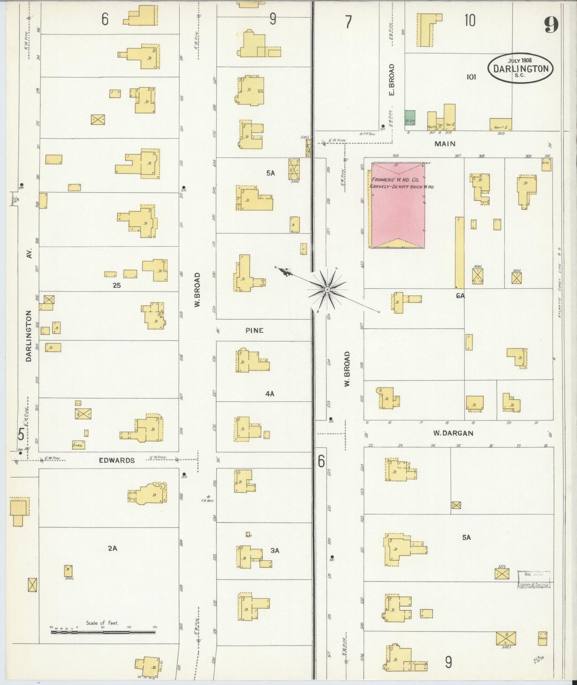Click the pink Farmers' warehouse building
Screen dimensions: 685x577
[x=398, y=205]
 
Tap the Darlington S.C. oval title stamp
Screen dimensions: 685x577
[x=521, y=68]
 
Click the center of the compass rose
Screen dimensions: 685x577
[x=327, y=289]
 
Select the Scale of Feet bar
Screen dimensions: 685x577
[x=103, y=632]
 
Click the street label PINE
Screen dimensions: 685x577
[x=254, y=331]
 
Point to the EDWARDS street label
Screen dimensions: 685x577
[x=117, y=460]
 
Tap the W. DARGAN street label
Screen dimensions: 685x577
[x=453, y=433]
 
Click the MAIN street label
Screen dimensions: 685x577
[x=445, y=143]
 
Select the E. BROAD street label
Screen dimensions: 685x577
[x=391, y=80]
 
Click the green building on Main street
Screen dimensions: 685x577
[x=410, y=117]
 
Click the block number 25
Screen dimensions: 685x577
[x=117, y=285]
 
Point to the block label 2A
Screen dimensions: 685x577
[x=112, y=549]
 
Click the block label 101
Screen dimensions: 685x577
[x=471, y=77]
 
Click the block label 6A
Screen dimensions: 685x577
[x=460, y=296]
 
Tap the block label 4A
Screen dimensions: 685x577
[x=270, y=394]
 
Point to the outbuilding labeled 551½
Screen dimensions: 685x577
[x=502, y=574]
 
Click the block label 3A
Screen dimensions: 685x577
[x=275, y=550]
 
